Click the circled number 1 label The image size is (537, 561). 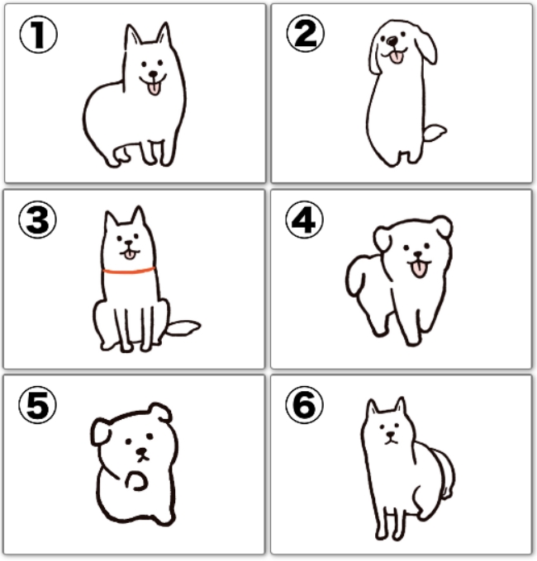(38, 35)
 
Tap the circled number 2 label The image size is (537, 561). (305, 33)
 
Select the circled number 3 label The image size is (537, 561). (38, 219)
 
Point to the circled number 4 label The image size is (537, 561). (305, 219)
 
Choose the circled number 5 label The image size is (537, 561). (38, 404)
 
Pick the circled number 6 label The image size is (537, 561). (305, 404)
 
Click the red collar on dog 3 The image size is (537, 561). (129, 271)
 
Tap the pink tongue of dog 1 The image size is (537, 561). (154, 88)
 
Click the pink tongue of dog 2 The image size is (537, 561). (397, 57)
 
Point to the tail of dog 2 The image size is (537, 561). (435, 133)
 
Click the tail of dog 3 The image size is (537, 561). (183, 328)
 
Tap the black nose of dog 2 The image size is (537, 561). (393, 40)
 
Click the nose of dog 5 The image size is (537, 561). (142, 451)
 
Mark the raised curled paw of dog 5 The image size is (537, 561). (136, 481)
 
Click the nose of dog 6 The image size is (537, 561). (390, 435)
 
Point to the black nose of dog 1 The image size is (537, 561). (154, 74)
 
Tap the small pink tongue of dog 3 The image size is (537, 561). (130, 255)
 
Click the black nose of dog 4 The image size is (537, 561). (418, 254)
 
